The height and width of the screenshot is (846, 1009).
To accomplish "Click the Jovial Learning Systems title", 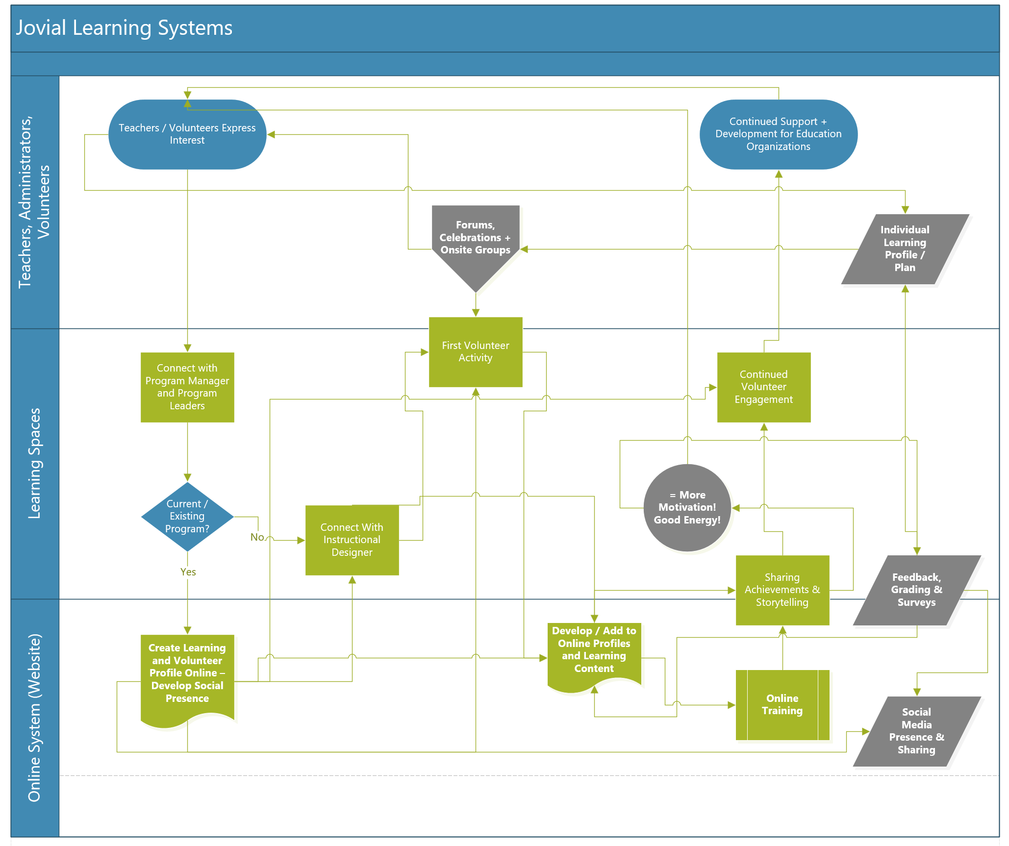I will [125, 28].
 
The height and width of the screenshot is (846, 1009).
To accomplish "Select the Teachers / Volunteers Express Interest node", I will [187, 134].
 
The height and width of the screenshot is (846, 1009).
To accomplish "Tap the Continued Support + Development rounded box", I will [778, 134].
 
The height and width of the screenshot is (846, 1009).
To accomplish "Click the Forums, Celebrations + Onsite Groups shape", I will [475, 240].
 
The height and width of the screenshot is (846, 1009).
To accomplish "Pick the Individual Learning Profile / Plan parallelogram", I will [905, 249].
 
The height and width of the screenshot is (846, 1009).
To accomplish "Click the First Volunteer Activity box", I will [475, 352].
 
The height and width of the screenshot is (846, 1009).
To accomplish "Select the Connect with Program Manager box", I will [187, 387].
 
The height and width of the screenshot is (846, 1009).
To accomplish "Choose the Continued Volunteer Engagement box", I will [763, 387].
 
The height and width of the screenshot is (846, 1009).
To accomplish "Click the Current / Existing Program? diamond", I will [187, 517].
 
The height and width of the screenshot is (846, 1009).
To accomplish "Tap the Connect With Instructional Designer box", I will [352, 540].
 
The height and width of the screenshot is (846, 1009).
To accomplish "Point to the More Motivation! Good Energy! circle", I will [687, 508].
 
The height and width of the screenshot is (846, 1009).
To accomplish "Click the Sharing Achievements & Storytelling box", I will [782, 590].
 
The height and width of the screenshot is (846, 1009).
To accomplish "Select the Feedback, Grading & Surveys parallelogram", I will [916, 590].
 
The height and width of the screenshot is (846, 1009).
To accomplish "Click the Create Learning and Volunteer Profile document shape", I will [187, 673].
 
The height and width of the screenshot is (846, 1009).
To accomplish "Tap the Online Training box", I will [782, 705].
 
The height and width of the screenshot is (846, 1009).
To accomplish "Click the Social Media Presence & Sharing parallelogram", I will [916, 731].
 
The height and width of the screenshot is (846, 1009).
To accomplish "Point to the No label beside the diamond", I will [257, 537].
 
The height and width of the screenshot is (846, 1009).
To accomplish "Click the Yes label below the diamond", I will [188, 572].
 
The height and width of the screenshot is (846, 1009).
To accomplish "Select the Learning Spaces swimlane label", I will [34, 463].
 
